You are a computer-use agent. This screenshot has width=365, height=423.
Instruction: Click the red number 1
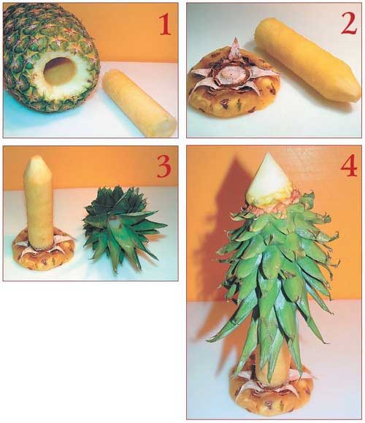(165, 24)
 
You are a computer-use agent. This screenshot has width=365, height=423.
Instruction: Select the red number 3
(164, 167)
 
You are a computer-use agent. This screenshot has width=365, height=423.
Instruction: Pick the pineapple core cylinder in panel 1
(139, 103)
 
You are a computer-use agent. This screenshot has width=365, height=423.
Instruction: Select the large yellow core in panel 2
(308, 59)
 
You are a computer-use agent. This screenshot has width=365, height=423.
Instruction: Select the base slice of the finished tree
(271, 391)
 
